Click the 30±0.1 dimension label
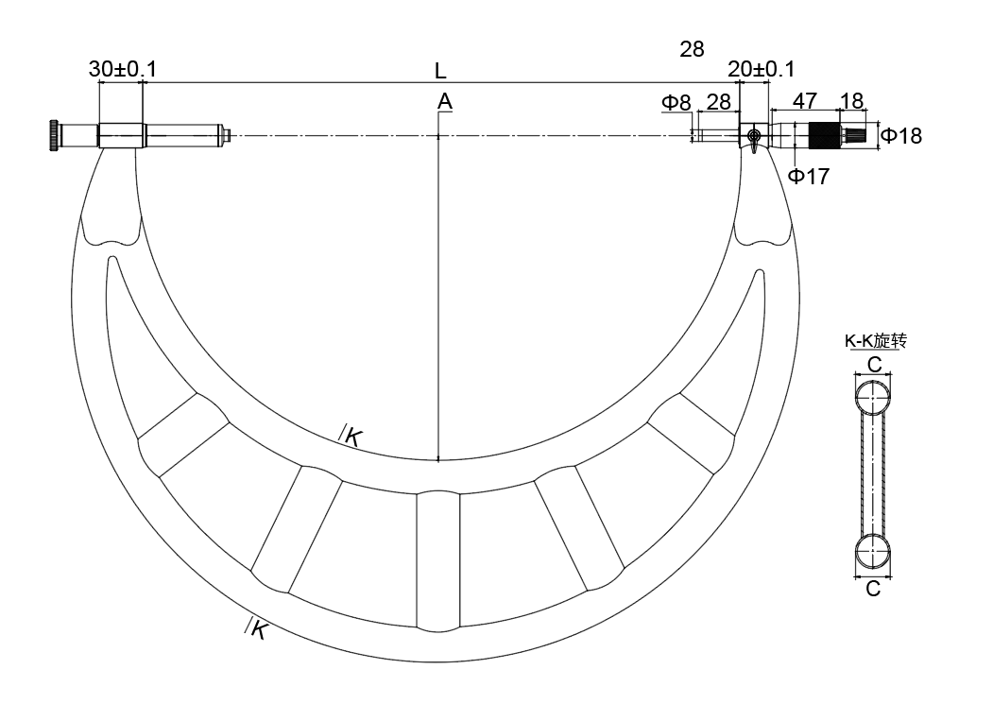(122, 68)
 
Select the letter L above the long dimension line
(441, 71)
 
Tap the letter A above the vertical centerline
(445, 101)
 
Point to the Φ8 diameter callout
(676, 102)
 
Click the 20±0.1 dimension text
(761, 68)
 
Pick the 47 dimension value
(804, 101)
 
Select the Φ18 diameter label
(901, 135)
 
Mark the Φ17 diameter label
(809, 176)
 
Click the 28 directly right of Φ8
(718, 102)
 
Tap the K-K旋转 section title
(876, 341)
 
